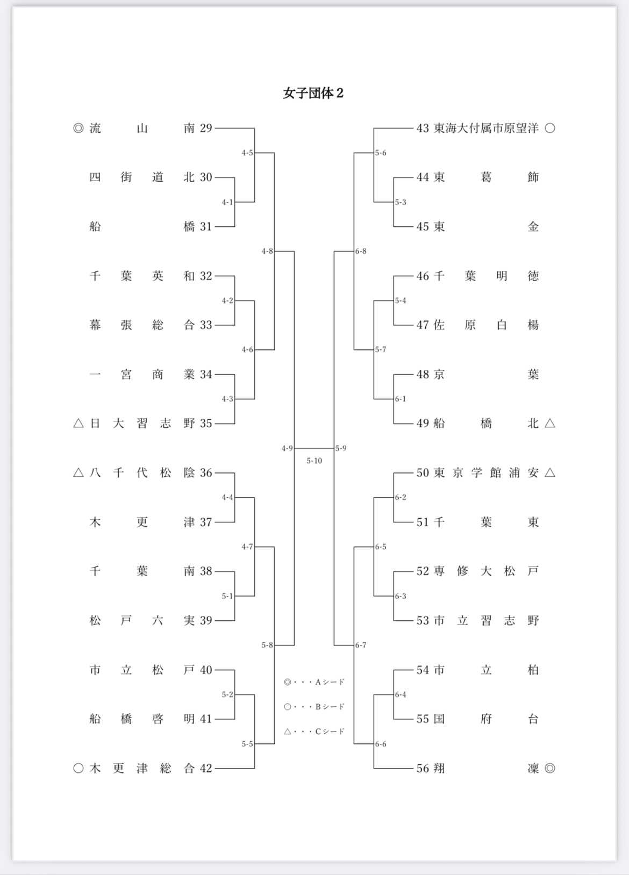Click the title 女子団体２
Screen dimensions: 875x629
tap(313, 94)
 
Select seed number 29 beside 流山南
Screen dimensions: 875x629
tap(206, 128)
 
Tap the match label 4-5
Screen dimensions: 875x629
tap(247, 153)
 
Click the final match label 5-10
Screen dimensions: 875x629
tap(314, 461)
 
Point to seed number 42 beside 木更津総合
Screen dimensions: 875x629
tap(206, 769)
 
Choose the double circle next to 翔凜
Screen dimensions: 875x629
tap(549, 769)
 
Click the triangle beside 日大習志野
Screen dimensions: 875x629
tap(78, 424)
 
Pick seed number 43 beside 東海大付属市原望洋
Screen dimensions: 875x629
tap(423, 128)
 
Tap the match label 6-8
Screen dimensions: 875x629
tap(361, 252)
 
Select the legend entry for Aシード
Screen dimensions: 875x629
tap(314, 683)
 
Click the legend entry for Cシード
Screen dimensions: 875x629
tap(314, 731)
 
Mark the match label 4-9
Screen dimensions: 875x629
tap(287, 448)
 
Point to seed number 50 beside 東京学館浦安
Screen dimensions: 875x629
tap(423, 473)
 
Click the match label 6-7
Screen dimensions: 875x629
tap(361, 645)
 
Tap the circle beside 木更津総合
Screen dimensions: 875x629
tap(78, 769)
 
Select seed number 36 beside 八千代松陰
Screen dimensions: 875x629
tap(206, 473)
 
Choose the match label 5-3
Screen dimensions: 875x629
tap(401, 203)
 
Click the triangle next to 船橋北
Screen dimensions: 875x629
tap(549, 424)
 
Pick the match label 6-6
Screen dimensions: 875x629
tap(381, 744)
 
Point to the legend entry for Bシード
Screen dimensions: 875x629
tap(314, 707)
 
